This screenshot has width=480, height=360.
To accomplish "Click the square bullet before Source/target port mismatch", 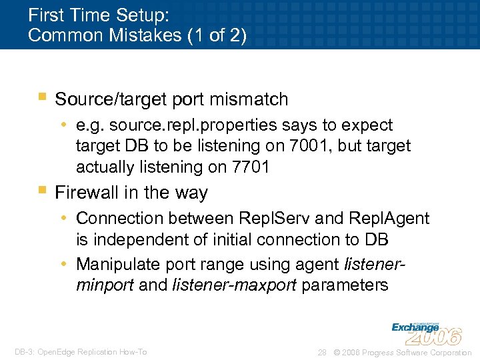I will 42,98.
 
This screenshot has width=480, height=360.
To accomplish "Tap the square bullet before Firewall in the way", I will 42,191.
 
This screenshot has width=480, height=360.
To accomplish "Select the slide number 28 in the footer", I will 322,352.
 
